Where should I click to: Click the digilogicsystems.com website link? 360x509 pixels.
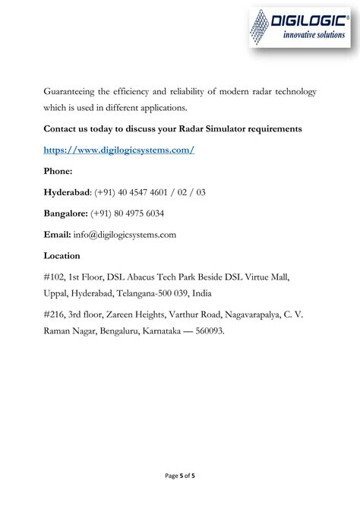pyautogui.click(x=119, y=150)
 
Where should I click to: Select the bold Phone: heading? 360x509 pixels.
pyautogui.click(x=58, y=172)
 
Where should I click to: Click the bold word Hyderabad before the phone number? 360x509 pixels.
pyautogui.click(x=65, y=193)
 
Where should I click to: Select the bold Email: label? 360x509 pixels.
pyautogui.click(x=58, y=235)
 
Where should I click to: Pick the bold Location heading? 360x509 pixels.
pyautogui.click(x=63, y=256)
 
